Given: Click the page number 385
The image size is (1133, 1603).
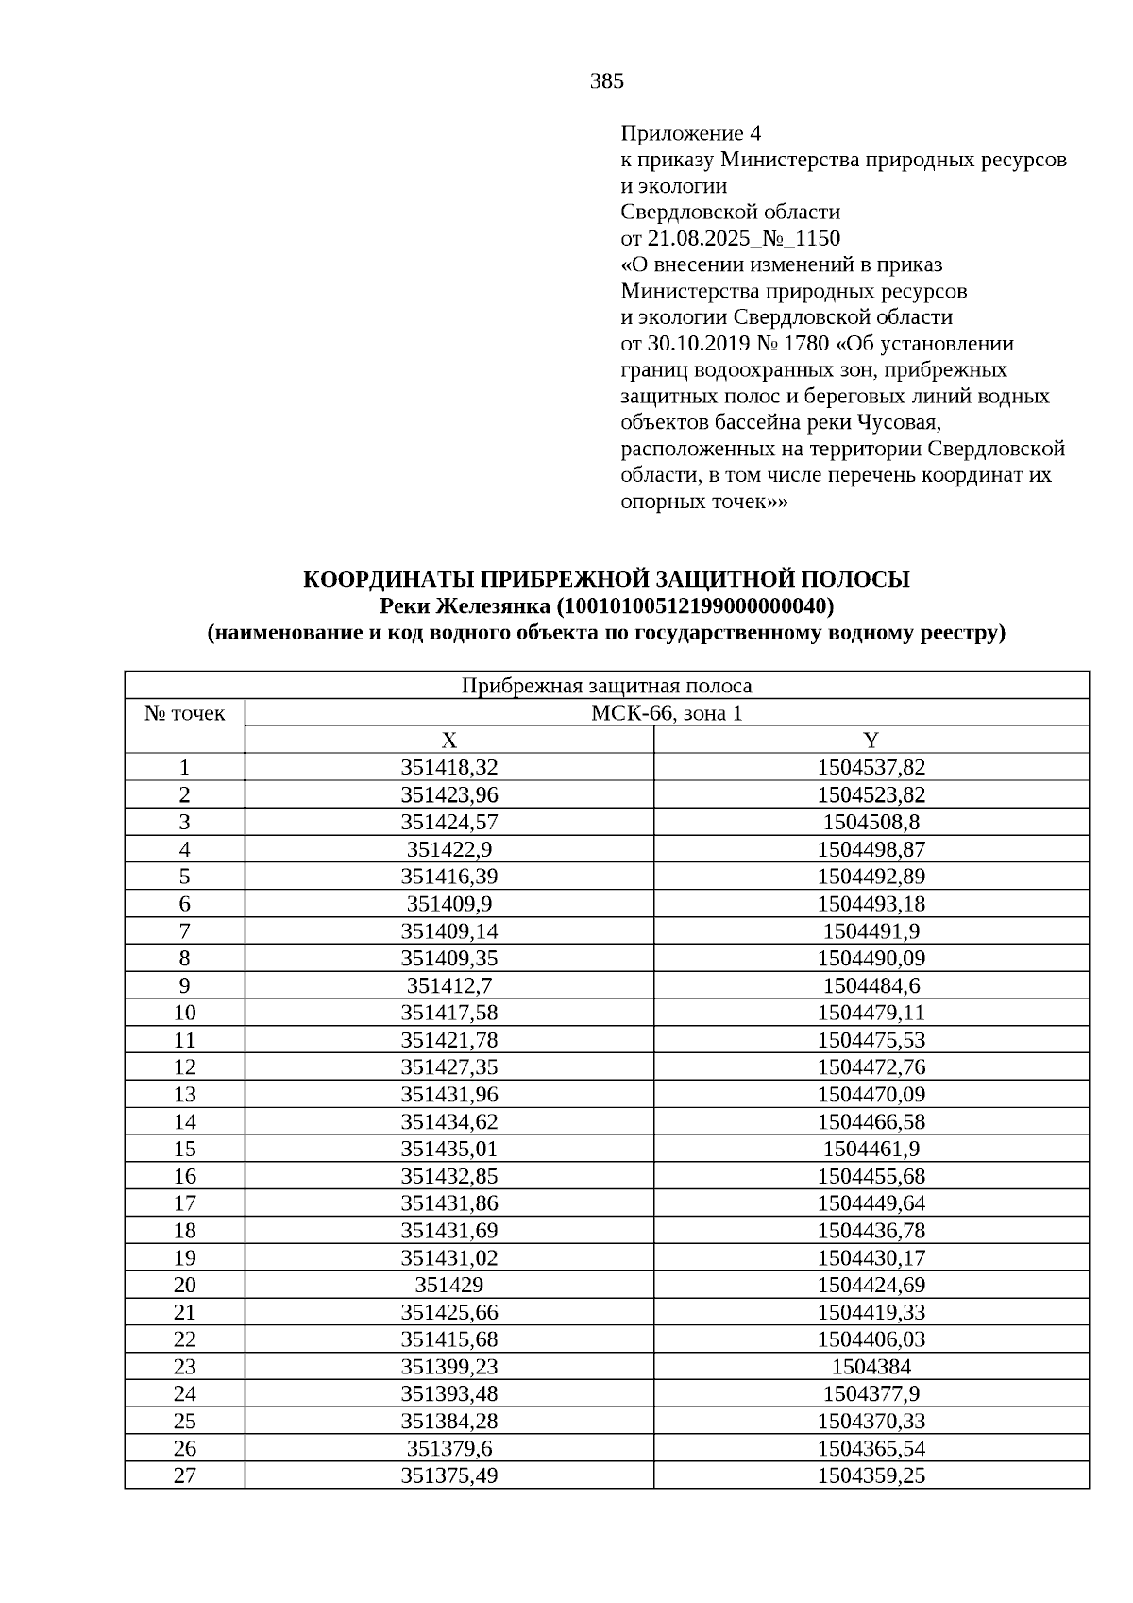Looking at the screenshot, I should pyautogui.click(x=606, y=81).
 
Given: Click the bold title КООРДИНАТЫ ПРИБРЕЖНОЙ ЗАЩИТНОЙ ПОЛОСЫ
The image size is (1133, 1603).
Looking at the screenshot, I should pyautogui.click(x=606, y=579).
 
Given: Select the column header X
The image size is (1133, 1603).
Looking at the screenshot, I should pyautogui.click(x=449, y=740).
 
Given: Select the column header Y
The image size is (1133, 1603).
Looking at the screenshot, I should pyautogui.click(x=871, y=740).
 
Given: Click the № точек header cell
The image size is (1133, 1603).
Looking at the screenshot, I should pyautogui.click(x=185, y=713).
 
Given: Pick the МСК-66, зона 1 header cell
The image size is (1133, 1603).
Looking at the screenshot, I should pyautogui.click(x=667, y=713).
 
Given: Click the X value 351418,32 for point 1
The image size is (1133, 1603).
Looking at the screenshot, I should pyautogui.click(x=449, y=767).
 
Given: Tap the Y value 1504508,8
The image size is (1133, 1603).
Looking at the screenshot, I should pyautogui.click(x=871, y=822).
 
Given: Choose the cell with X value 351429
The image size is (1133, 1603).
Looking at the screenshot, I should pyautogui.click(x=449, y=1285).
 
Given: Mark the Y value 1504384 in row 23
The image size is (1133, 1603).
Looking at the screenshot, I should pyautogui.click(x=871, y=1367).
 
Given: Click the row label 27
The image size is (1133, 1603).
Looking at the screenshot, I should pyautogui.click(x=185, y=1475).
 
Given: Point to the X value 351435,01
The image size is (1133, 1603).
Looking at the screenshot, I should pyautogui.click(x=449, y=1149).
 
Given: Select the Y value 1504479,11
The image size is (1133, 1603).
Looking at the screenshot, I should pyautogui.click(x=871, y=1013).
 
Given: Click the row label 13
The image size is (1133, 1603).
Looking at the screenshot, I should pyautogui.click(x=185, y=1094).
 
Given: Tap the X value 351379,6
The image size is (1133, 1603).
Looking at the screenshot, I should pyautogui.click(x=449, y=1448).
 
